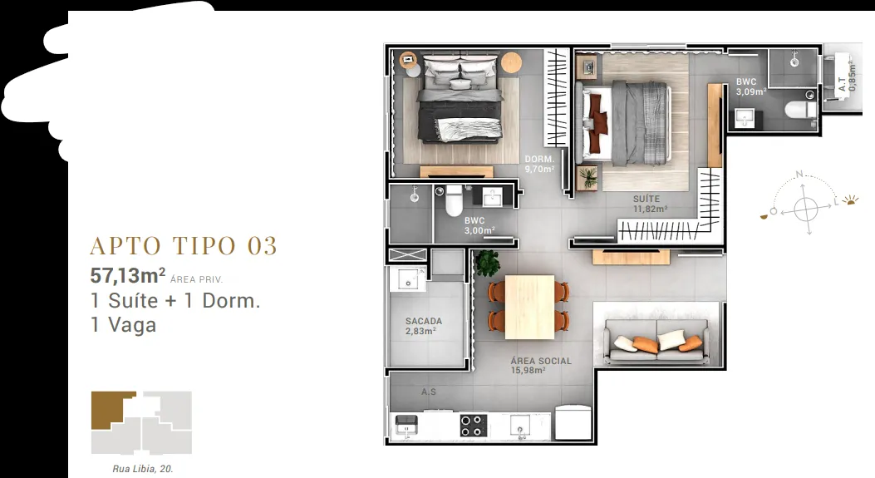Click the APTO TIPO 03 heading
tap(184, 246)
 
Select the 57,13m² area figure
tap(128, 275)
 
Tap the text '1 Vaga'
tap(123, 325)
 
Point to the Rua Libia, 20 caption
tap(143, 469)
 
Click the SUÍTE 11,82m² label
tap(650, 204)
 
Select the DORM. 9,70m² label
tap(539, 164)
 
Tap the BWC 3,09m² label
tap(750, 86)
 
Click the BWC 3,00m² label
tap(479, 225)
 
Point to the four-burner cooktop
tap(473, 425)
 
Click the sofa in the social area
tap(656, 341)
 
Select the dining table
tap(529, 307)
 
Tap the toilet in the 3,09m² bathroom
tap(800, 110)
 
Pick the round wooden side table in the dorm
tap(511, 62)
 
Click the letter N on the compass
tap(799, 175)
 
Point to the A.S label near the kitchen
tap(429, 392)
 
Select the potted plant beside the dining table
tap(487, 263)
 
